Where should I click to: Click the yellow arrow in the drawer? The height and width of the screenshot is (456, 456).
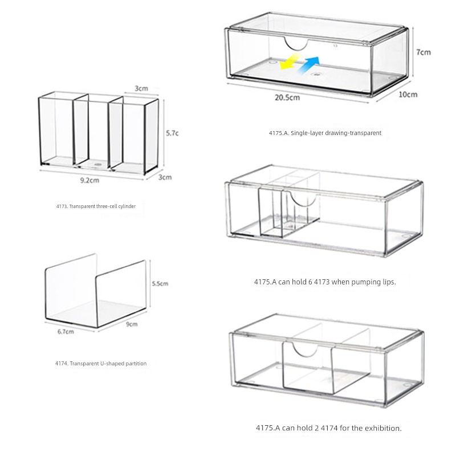(289, 62)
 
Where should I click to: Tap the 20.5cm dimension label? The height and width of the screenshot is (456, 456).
(287, 97)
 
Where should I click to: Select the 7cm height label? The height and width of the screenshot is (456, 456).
(424, 52)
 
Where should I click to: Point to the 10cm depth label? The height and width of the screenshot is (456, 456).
(408, 95)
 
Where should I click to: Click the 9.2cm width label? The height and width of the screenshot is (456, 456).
(89, 180)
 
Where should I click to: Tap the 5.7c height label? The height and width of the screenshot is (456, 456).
(172, 133)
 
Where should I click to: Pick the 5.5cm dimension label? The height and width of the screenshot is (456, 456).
(160, 283)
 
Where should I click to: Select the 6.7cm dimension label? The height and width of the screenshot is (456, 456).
(66, 332)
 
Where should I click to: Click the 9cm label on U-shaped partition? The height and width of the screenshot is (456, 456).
(132, 324)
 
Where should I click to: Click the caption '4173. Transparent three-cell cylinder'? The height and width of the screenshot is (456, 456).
(96, 206)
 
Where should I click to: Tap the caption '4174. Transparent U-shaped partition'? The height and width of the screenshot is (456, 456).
(101, 363)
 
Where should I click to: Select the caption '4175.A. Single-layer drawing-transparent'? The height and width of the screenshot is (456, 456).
(325, 133)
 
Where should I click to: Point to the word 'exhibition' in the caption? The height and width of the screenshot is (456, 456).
(383, 428)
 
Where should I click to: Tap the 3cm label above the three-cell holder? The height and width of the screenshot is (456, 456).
(141, 88)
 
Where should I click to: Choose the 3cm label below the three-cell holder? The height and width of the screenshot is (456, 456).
(165, 177)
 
